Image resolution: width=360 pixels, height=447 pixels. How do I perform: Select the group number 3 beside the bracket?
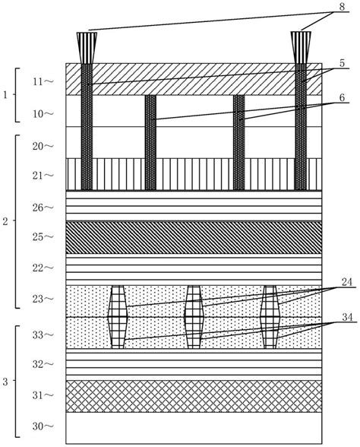click(6, 380)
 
